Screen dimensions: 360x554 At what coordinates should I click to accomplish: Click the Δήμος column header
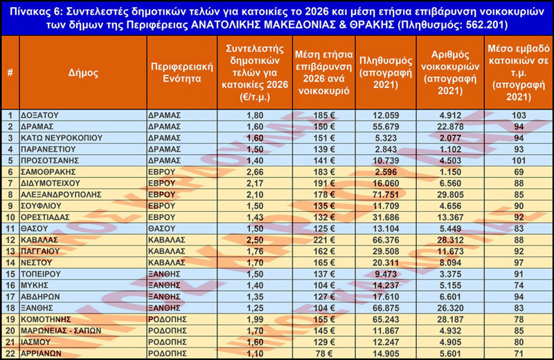(x=83, y=72)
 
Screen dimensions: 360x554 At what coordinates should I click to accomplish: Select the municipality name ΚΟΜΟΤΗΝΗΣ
(x=50, y=319)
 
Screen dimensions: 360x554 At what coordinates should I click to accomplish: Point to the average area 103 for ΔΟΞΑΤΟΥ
(x=519, y=115)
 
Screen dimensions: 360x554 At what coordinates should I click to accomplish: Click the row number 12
(x=10, y=240)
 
